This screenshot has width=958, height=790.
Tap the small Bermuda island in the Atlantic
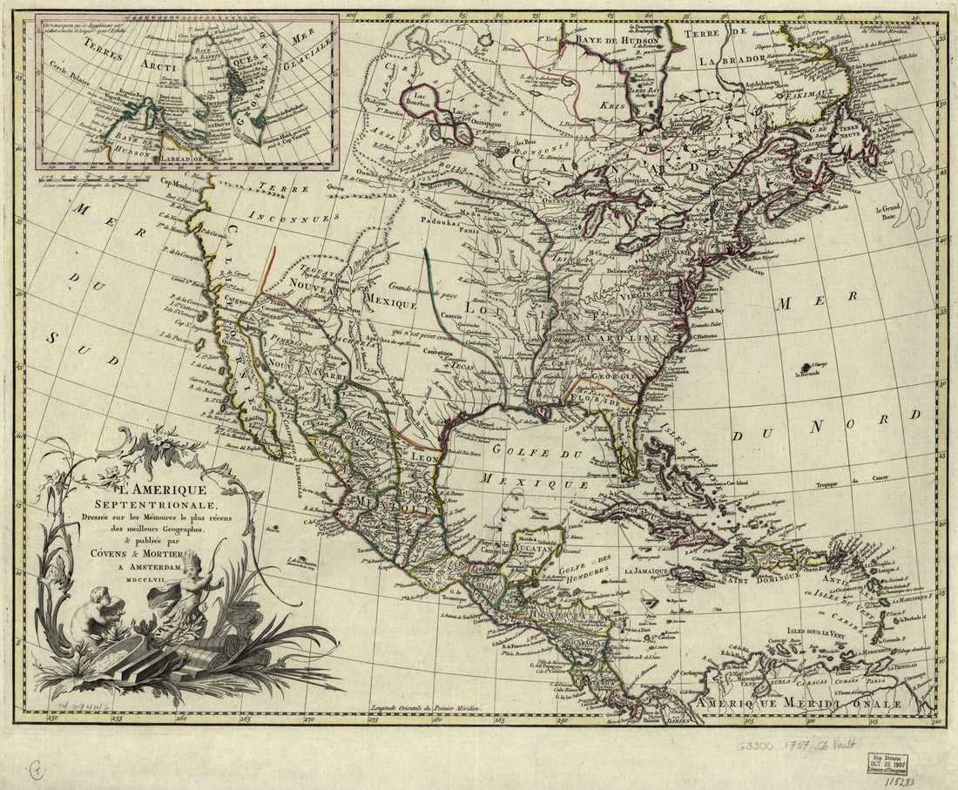818,365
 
